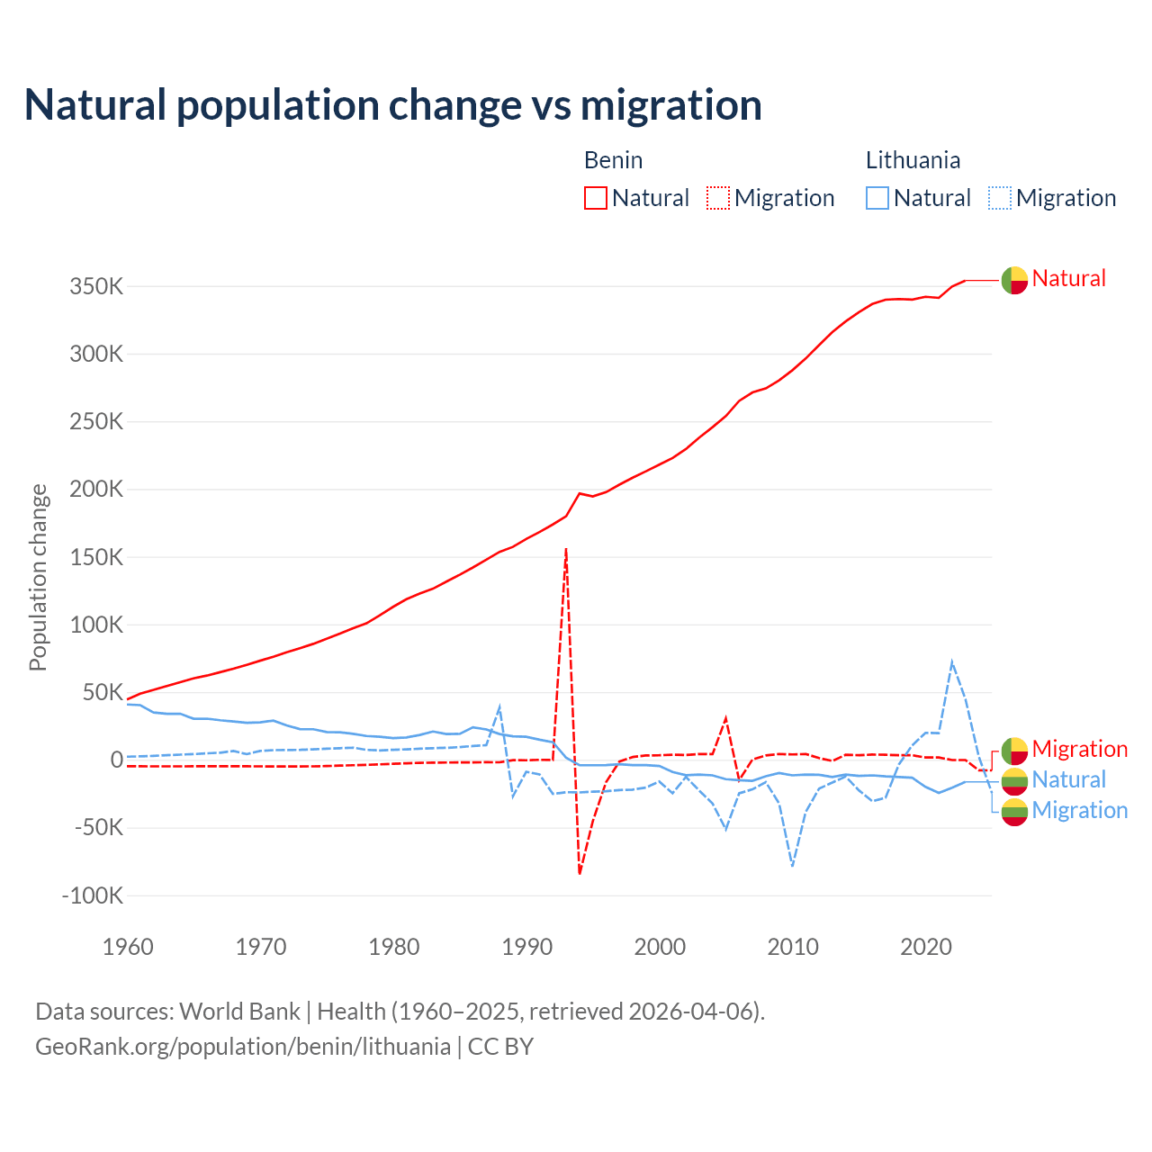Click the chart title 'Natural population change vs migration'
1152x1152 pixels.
click(x=393, y=105)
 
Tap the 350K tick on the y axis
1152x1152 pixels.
click(x=96, y=287)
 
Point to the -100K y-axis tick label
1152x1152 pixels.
click(x=92, y=895)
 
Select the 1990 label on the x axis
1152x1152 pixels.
click(x=527, y=947)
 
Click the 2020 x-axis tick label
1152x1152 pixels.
click(x=926, y=947)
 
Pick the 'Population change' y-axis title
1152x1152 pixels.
click(x=38, y=577)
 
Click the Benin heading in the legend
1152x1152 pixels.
click(x=613, y=160)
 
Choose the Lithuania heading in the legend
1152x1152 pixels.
click(x=913, y=160)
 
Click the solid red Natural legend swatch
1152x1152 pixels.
click(x=596, y=198)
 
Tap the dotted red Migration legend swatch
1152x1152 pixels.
click(x=718, y=198)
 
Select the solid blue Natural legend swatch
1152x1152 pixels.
click(x=877, y=198)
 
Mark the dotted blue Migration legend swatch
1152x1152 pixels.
click(x=1000, y=198)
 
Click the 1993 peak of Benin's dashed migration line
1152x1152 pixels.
click(x=566, y=548)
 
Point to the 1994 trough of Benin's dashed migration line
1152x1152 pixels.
click(x=580, y=873)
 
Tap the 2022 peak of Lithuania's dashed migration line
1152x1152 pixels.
click(x=952, y=662)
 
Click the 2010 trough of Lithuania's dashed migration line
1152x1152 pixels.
click(x=792, y=866)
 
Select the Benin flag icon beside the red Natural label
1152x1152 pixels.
click(x=1014, y=281)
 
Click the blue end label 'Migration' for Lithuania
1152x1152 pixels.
click(x=1079, y=810)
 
